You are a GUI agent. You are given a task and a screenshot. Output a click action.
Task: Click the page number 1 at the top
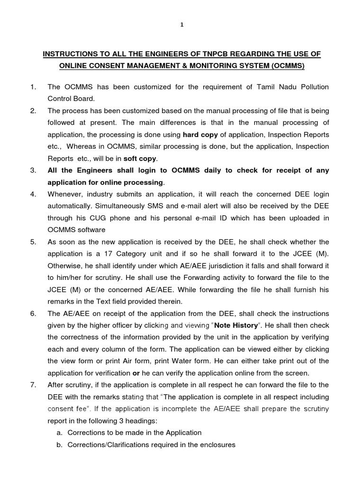[182, 26]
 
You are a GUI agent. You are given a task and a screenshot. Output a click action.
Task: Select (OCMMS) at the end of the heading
[286, 67]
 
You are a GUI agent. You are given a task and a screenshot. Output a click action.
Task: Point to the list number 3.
[33, 170]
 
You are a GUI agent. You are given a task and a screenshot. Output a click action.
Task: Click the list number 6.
[33, 314]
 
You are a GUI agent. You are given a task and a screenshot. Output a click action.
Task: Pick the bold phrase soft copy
[141, 158]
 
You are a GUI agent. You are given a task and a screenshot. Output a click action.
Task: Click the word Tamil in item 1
[259, 87]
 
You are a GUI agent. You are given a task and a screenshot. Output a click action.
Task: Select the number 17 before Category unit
[105, 253]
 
